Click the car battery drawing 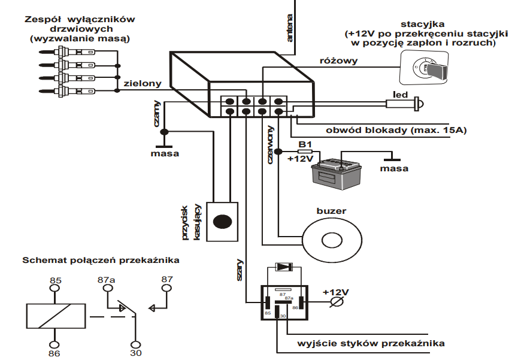(x=337, y=172)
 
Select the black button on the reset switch (x=223, y=220)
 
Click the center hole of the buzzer (x=332, y=240)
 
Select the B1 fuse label (x=305, y=144)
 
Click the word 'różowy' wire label (x=339, y=60)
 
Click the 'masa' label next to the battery (x=394, y=168)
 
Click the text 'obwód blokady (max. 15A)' (x=396, y=130)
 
